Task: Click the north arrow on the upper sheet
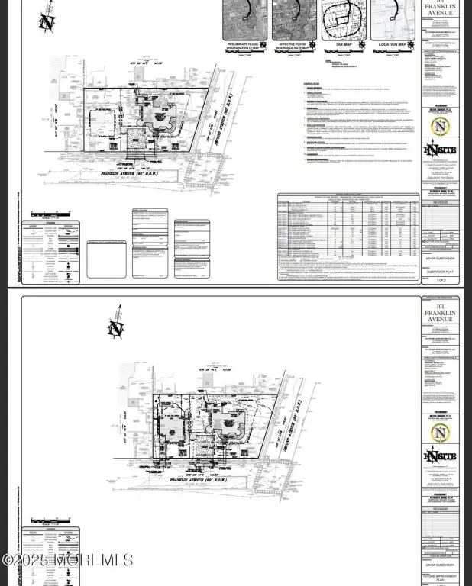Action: click(x=47, y=21)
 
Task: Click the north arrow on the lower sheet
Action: click(x=116, y=327)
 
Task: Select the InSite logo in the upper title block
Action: click(x=442, y=150)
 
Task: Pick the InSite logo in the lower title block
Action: click(x=442, y=459)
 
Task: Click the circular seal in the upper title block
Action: click(x=442, y=124)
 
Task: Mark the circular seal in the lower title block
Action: click(x=442, y=433)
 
